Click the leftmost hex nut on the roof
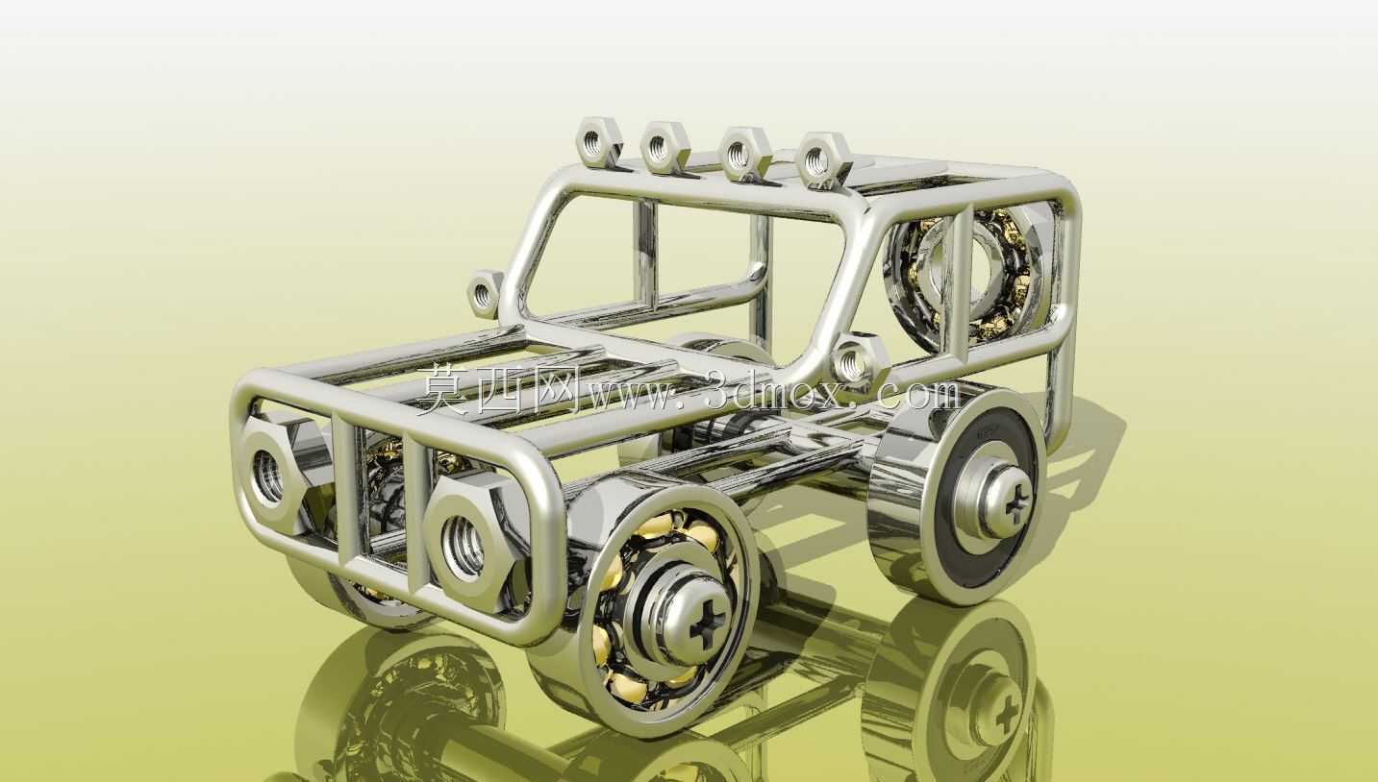tap(597, 141)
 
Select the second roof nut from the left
tap(663, 148)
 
